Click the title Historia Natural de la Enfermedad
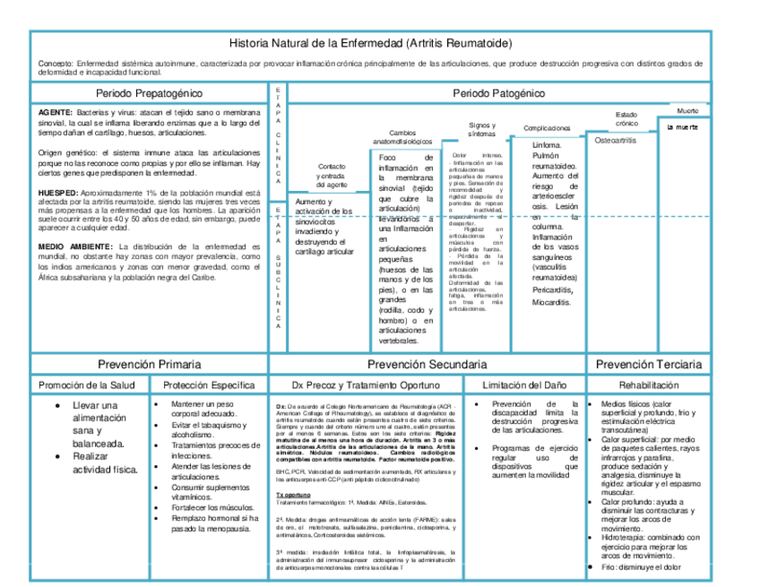click(371, 43)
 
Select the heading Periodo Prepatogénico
click(149, 93)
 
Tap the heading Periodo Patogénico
click(499, 93)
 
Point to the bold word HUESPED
click(57, 193)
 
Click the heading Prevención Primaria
click(149, 365)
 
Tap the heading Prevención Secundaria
click(427, 365)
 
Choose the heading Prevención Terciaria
click(649, 365)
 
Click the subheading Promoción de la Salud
click(86, 385)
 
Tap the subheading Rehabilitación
click(647, 385)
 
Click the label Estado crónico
click(626, 118)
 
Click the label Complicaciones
click(547, 128)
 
